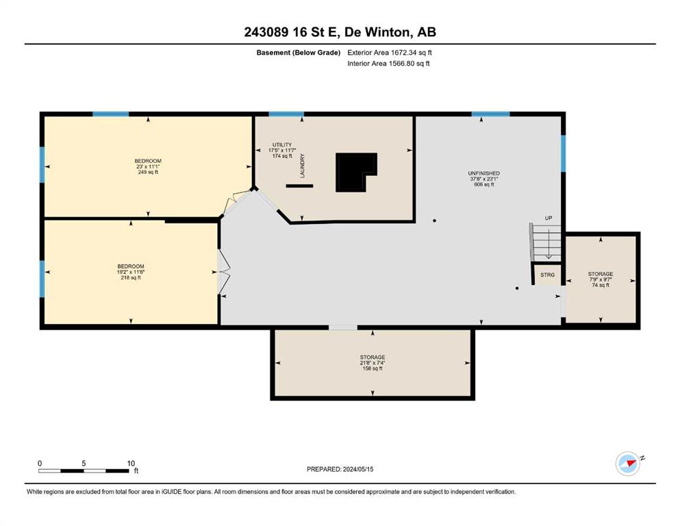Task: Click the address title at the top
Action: [x=340, y=32]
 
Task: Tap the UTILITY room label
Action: [x=282, y=150]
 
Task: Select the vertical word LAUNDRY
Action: [x=302, y=166]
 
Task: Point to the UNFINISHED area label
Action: [x=484, y=179]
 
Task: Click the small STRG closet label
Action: [x=547, y=275]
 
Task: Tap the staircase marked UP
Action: [x=546, y=242]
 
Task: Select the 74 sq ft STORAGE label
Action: [x=601, y=279]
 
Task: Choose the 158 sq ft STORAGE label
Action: [x=373, y=363]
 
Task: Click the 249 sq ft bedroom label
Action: [x=148, y=166]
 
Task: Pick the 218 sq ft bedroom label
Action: [x=131, y=272]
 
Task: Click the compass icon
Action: [x=628, y=464]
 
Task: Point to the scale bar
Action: [x=84, y=471]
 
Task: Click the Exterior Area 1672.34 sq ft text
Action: [x=390, y=53]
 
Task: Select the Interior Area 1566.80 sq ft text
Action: [x=388, y=63]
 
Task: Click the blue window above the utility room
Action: [x=286, y=114]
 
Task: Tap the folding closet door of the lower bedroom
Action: [x=223, y=272]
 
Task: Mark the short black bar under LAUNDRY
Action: [x=299, y=186]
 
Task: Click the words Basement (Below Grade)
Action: [x=299, y=53]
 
